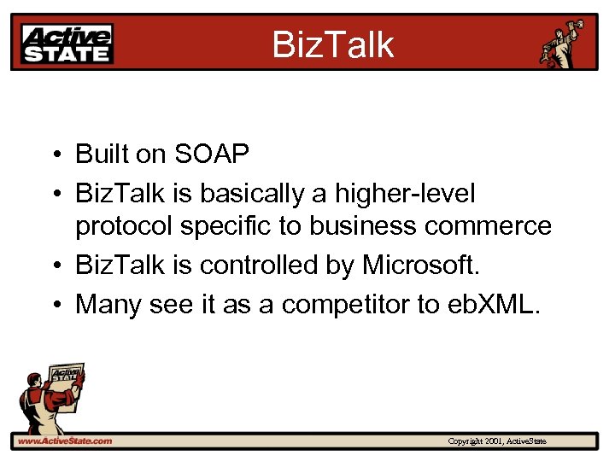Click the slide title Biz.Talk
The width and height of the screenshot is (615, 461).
click(x=333, y=44)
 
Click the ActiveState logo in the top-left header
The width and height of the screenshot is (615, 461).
click(x=67, y=44)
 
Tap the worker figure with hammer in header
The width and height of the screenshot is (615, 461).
click(x=565, y=43)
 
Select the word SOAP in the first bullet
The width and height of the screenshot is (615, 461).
click(x=212, y=155)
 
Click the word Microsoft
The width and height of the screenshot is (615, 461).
click(x=422, y=266)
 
